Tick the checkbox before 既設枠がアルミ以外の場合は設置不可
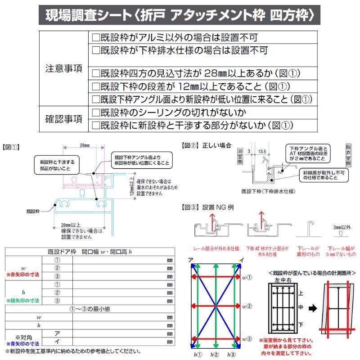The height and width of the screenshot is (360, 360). click(95, 37)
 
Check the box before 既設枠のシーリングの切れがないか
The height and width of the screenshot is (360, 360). click(95, 112)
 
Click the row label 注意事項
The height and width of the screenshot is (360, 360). click(63, 69)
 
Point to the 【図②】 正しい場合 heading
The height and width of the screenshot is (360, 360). click(206, 145)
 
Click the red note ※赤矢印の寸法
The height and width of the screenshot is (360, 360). click(22, 274)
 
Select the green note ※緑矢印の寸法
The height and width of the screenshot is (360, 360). click(22, 300)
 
